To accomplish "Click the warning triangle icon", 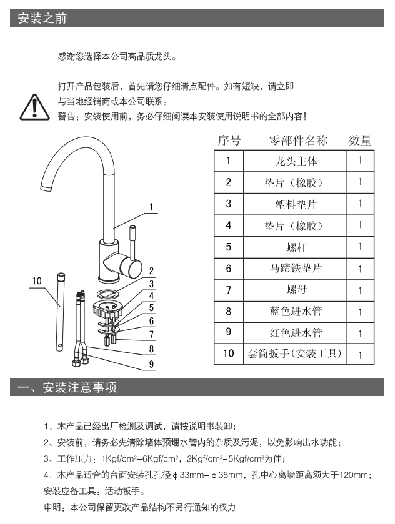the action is [35, 107].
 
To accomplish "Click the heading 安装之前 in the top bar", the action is [42, 18].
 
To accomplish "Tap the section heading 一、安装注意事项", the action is [67, 387].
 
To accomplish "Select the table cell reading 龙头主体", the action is [296, 161].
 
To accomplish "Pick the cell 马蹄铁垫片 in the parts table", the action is [296, 269].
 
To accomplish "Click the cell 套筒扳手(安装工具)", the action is [294, 353].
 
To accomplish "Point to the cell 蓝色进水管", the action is [296, 312].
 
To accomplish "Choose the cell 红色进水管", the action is [296, 333].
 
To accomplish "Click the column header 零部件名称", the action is [298, 141].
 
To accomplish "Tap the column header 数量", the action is [360, 141].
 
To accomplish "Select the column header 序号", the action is [229, 141].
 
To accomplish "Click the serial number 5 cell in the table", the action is [229, 247].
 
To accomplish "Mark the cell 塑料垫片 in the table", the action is [296, 204].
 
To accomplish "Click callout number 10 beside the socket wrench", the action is [37, 280].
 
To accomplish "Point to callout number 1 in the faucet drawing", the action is [151, 207].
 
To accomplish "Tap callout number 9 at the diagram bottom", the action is [151, 364].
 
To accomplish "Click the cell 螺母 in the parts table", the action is [296, 290].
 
